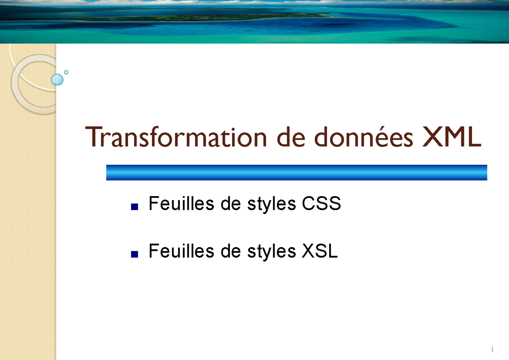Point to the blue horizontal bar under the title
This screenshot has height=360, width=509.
click(x=296, y=172)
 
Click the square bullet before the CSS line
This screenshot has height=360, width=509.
click(x=135, y=207)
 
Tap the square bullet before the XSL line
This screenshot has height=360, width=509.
click(x=135, y=254)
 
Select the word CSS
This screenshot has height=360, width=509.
click(x=321, y=205)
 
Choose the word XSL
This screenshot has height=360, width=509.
click(x=320, y=252)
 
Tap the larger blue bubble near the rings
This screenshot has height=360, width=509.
click(x=57, y=79)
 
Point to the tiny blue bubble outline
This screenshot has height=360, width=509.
click(x=66, y=72)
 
